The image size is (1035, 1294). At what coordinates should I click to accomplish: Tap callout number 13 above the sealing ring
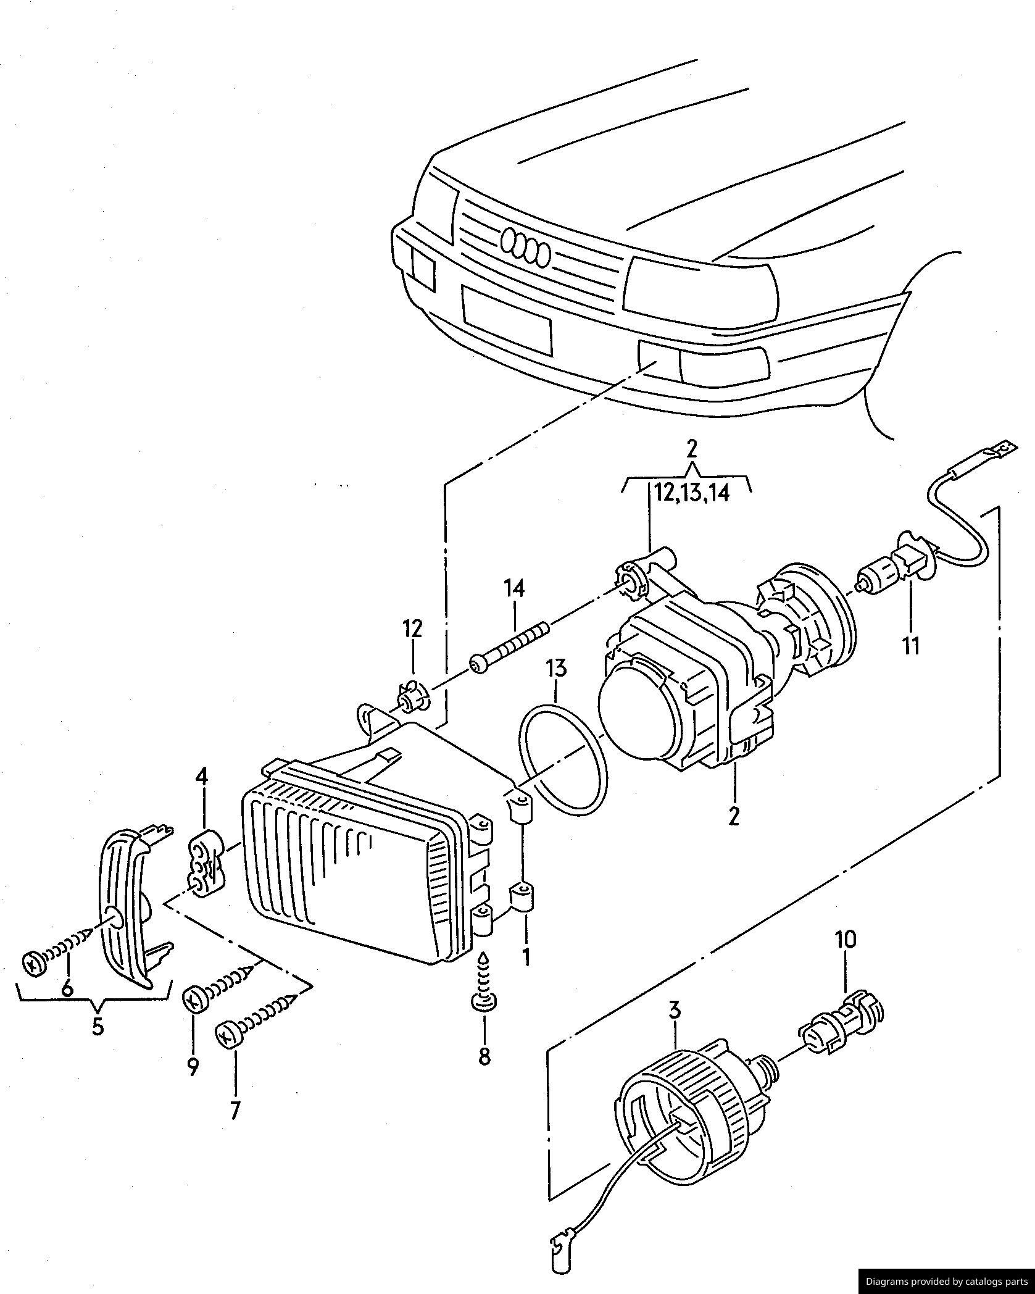(555, 669)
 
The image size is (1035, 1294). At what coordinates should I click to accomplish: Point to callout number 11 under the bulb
(911, 646)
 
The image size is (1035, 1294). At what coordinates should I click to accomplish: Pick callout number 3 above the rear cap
(674, 1011)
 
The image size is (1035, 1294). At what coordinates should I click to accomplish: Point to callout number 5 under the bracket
(98, 1025)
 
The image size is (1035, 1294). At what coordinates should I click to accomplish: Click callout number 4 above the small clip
(202, 776)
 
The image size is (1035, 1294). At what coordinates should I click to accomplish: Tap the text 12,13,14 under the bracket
(692, 493)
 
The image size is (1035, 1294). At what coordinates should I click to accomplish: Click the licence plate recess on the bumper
(506, 320)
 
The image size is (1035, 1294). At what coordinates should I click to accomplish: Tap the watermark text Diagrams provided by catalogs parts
(946, 1281)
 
